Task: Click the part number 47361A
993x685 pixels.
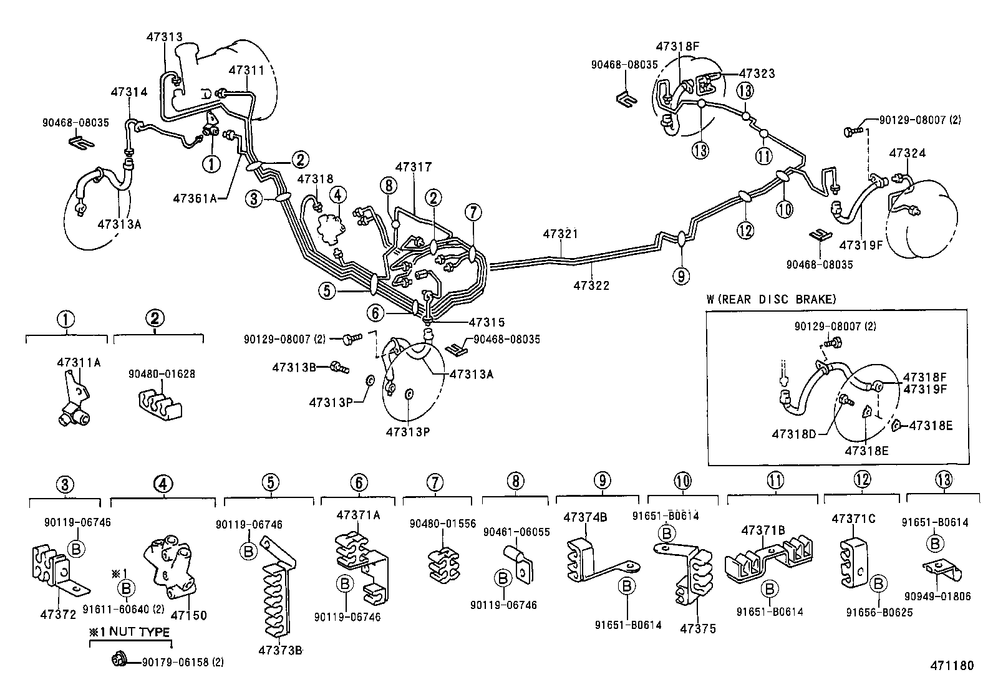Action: [194, 198]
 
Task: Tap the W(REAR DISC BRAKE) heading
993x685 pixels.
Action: [771, 299]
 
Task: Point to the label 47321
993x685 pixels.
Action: [560, 234]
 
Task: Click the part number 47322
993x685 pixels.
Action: [591, 285]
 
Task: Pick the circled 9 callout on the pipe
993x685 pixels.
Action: [681, 275]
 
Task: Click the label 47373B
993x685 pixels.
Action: [280, 651]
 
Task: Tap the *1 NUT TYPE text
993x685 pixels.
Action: [129, 632]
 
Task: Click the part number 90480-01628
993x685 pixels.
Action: [162, 374]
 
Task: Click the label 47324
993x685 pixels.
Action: [907, 153]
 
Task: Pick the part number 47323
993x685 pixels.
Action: [757, 74]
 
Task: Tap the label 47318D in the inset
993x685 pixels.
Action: [793, 433]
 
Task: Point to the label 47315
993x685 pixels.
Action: [487, 322]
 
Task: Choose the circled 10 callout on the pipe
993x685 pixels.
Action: [785, 209]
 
